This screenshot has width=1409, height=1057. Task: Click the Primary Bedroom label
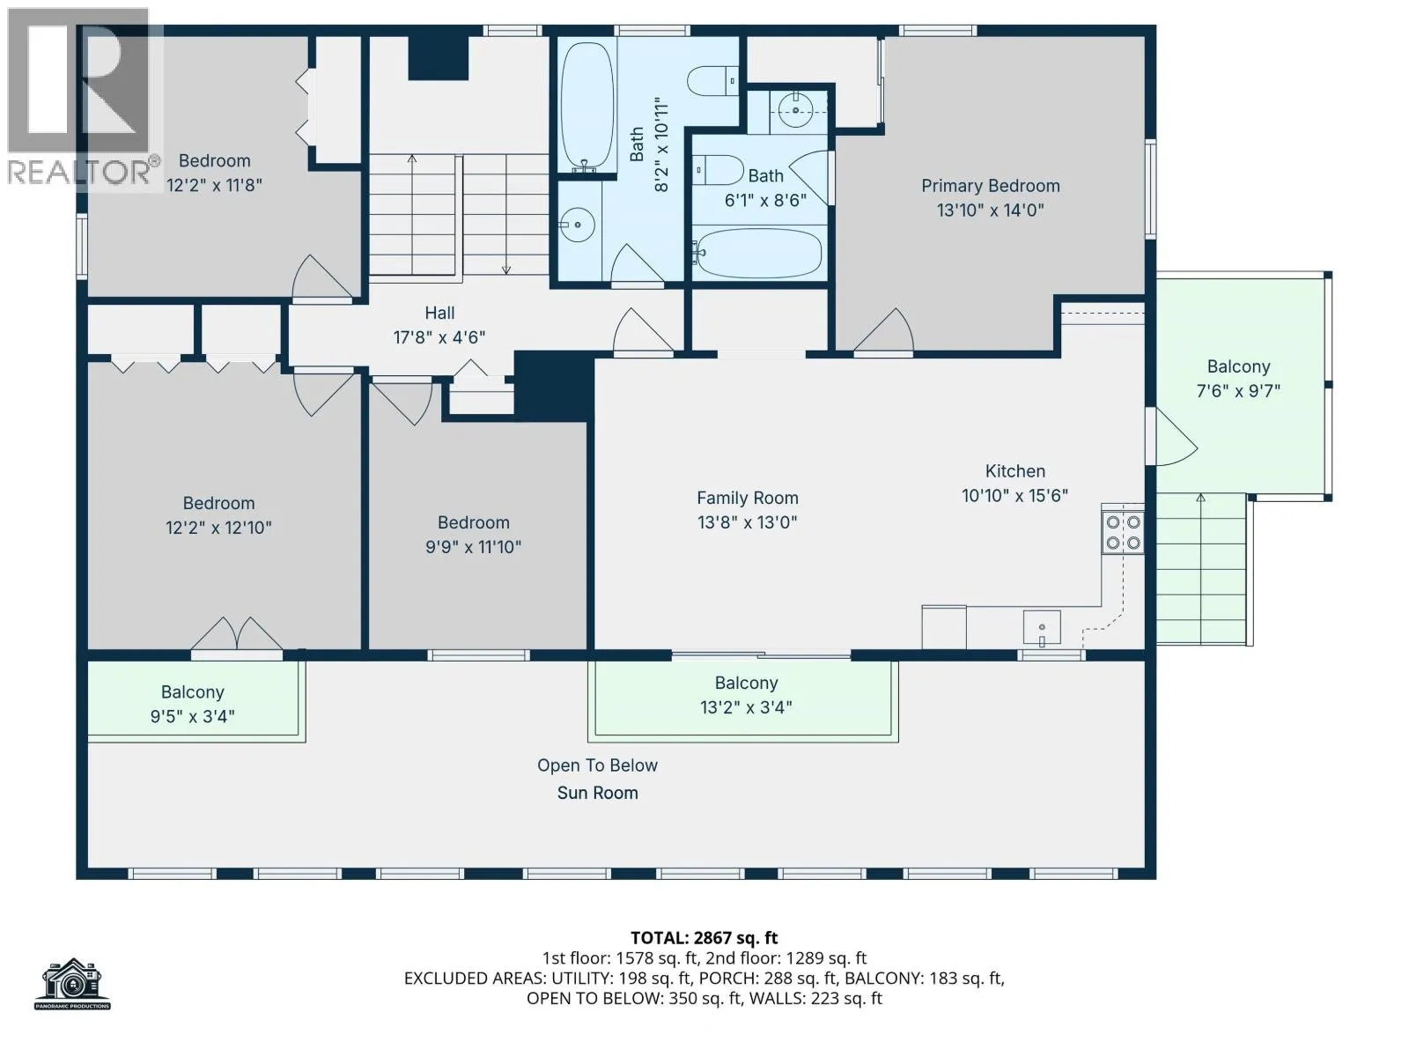[x=990, y=186]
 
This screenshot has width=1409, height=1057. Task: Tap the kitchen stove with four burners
[x=1123, y=533]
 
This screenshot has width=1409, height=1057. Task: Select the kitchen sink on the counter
[x=1041, y=628]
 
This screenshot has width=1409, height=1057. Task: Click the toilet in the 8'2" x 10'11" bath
[x=712, y=82]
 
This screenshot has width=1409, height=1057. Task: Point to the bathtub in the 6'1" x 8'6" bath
[x=759, y=254]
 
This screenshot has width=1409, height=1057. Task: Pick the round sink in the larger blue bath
[x=576, y=225]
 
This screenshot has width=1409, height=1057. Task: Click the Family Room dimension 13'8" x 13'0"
[x=747, y=522]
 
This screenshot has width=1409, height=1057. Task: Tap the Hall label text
[x=439, y=314]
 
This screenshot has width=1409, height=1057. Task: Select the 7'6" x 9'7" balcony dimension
[x=1238, y=391]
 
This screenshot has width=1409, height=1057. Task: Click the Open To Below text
[x=597, y=765]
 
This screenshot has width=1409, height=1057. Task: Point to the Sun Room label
[x=597, y=794]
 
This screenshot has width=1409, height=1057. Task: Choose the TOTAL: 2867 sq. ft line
[x=704, y=938]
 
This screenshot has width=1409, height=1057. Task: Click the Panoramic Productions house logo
[x=72, y=984]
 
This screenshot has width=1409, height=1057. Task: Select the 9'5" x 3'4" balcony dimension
[x=193, y=716]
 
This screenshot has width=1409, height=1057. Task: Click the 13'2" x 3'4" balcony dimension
[x=746, y=707]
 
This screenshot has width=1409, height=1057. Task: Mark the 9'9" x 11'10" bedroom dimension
[x=473, y=547]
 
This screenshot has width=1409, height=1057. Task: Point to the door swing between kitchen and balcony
[x=1176, y=436]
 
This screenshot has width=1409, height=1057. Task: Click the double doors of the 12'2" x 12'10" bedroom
[x=237, y=634]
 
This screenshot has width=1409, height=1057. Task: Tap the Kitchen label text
[x=1014, y=471]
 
